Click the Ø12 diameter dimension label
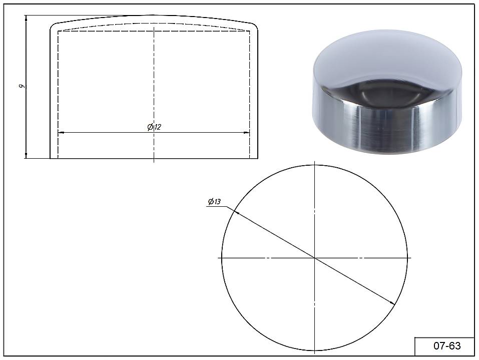pyautogui.click(x=154, y=127)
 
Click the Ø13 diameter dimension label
pyautogui.click(x=214, y=201)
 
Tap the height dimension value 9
pyautogui.click(x=22, y=86)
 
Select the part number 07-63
pyautogui.click(x=447, y=345)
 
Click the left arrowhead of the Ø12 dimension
pyautogui.click(x=61, y=133)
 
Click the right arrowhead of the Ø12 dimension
pyautogui.click(x=247, y=133)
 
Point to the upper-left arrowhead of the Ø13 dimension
pyautogui.click(x=236, y=212)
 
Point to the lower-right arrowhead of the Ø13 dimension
pyautogui.click(x=392, y=302)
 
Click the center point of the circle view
pyautogui.click(x=314, y=258)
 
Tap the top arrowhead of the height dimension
pyautogui.click(x=26, y=18)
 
